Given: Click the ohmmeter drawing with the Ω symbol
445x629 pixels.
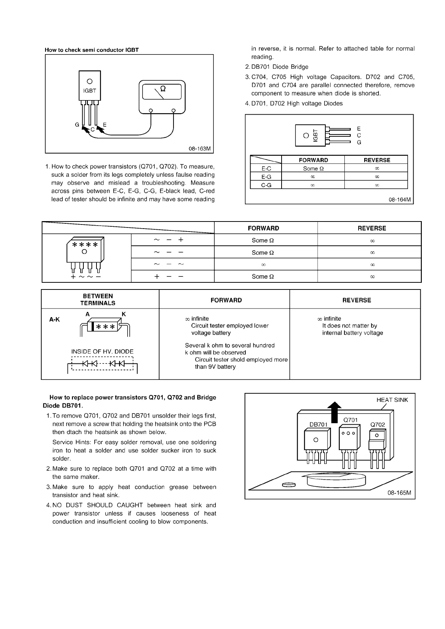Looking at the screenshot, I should tap(162, 96).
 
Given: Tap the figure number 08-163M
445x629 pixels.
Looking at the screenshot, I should tap(200, 149).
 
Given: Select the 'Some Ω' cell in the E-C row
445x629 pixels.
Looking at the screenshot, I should tap(313, 168).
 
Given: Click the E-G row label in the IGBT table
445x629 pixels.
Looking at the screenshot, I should tap(266, 177).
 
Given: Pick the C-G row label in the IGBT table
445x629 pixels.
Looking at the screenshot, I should tap(266, 185).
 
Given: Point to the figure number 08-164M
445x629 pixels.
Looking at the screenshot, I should tap(400, 199).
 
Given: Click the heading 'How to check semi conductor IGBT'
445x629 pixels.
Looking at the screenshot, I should tap(92, 50).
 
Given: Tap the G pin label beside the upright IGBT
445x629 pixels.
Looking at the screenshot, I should tap(77, 125).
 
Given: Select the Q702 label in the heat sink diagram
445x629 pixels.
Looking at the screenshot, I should tap(377, 424).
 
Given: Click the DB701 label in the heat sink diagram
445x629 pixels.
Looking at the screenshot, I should tap(318, 424).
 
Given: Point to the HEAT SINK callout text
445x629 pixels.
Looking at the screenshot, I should tap(392, 400).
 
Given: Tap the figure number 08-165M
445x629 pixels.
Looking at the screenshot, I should tap(399, 493).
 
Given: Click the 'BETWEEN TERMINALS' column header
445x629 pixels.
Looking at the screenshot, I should tap(98, 300).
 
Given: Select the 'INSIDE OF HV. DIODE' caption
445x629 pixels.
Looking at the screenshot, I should tap(102, 351).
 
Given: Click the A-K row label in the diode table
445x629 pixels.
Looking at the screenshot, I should tap(55, 319).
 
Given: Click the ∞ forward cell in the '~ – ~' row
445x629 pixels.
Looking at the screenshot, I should tap(263, 264).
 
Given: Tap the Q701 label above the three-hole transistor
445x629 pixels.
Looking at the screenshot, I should tap(350, 420).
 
